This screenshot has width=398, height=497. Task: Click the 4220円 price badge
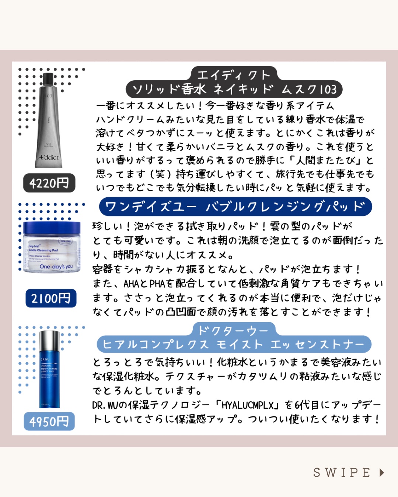[x=49, y=183]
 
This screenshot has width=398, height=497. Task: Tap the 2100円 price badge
[x=51, y=298]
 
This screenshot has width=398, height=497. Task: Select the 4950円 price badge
[x=49, y=422]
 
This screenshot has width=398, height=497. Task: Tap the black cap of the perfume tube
[x=48, y=80]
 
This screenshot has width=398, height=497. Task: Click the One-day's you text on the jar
[x=56, y=267]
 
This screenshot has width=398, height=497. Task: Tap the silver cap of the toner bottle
[x=49, y=341]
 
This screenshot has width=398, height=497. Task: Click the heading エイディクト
[x=234, y=75]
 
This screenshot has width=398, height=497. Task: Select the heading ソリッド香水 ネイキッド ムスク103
[x=234, y=89]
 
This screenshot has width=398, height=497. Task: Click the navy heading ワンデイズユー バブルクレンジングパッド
[x=235, y=207]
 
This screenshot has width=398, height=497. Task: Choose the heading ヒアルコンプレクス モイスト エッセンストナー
[x=234, y=345]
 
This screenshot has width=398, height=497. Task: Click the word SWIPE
[x=342, y=472]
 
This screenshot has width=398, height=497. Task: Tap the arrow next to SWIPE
[x=382, y=472]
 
